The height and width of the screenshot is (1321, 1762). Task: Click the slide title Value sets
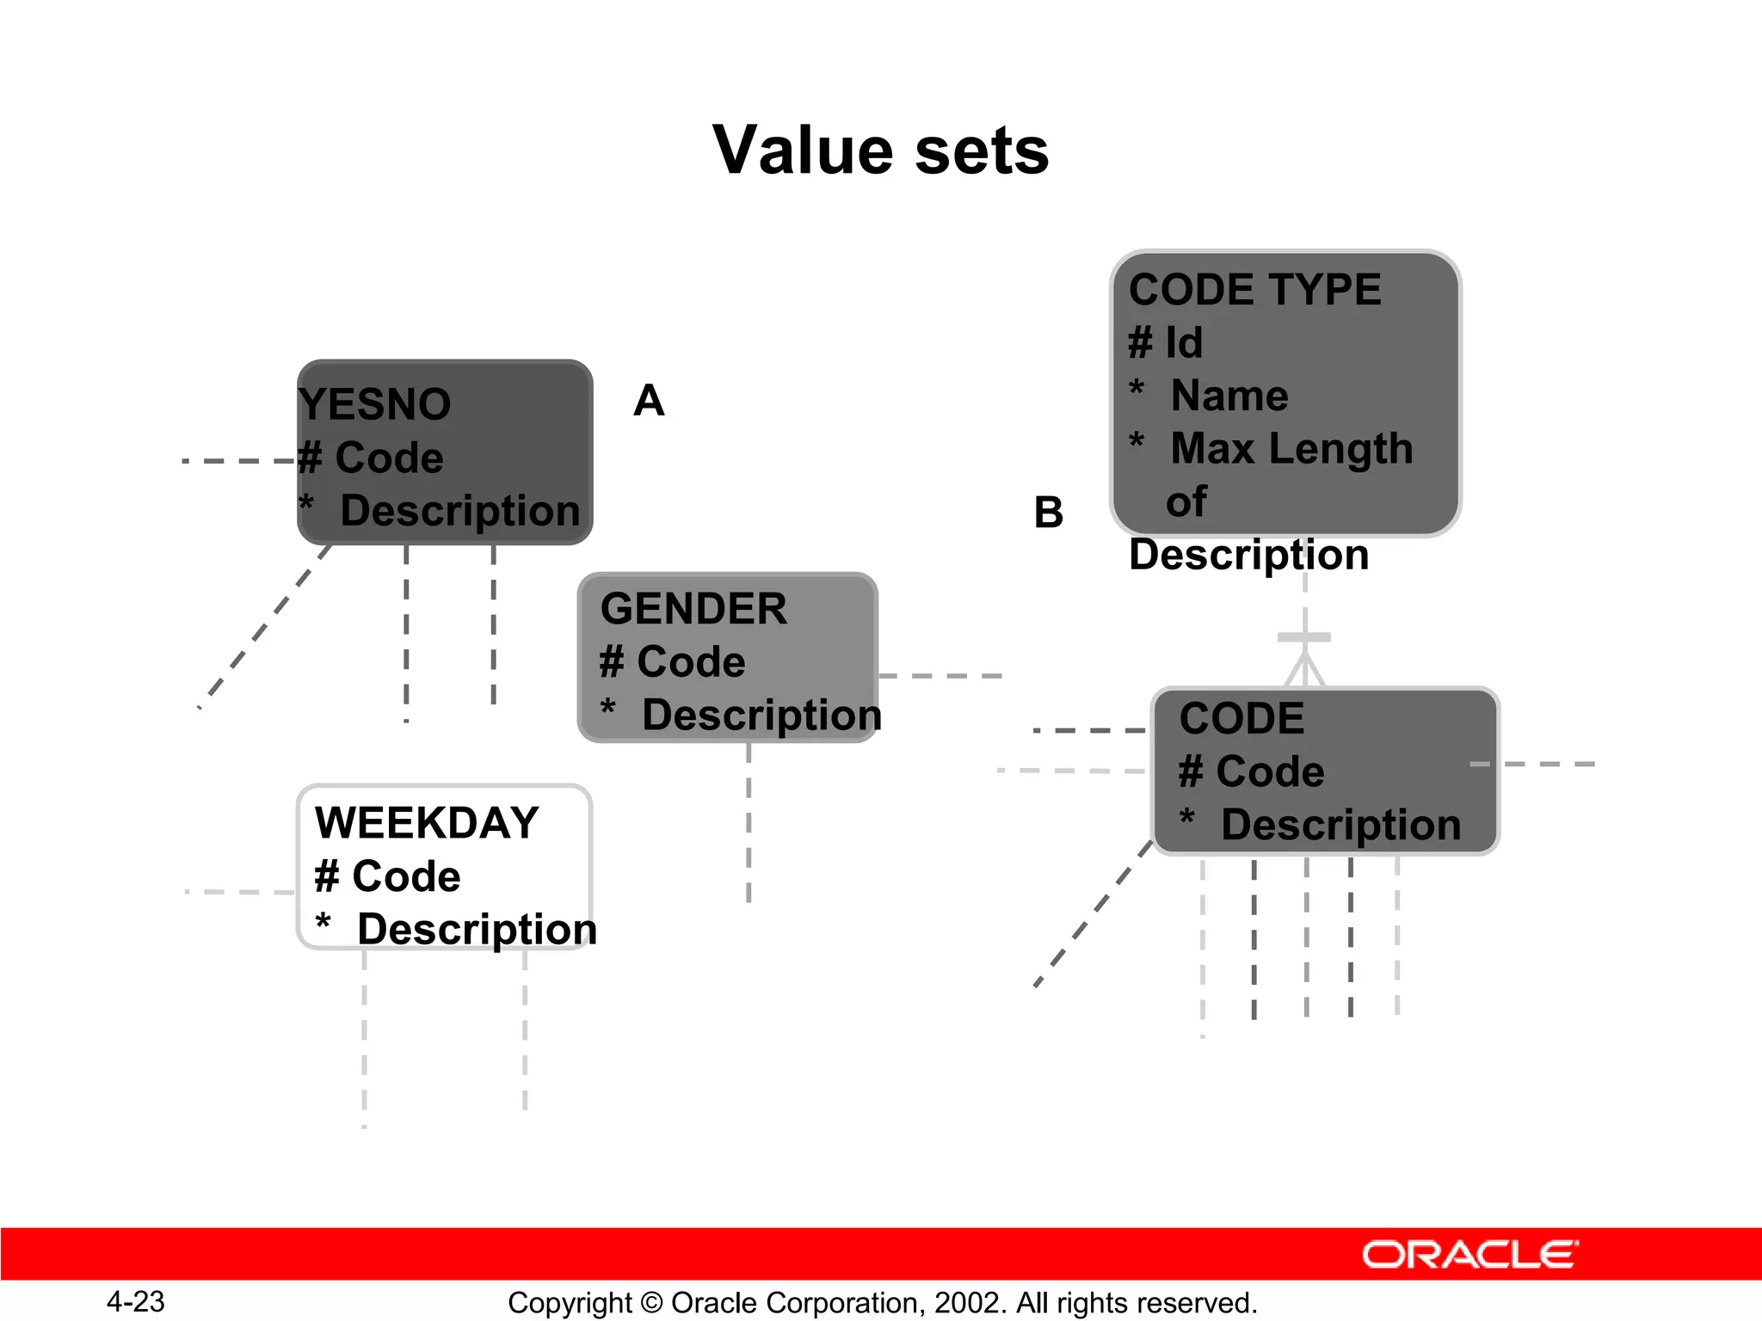pos(881,151)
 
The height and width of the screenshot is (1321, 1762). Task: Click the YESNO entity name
pos(375,404)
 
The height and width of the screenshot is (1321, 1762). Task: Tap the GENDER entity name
pos(693,609)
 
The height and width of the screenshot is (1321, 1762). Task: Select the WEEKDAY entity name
pos(427,823)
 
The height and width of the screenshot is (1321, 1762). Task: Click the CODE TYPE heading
pos(1254,290)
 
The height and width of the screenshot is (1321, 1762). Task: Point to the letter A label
pos(649,401)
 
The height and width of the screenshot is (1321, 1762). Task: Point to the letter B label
pos(1048,513)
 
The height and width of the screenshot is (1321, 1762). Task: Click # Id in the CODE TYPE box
pos(1166,343)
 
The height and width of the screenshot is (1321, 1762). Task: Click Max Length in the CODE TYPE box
pos(1291,449)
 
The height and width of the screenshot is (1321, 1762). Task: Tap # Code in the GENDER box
pos(673,662)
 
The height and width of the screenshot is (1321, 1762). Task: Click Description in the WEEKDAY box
pos(477,930)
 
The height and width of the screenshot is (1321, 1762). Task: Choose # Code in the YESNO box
pos(372,458)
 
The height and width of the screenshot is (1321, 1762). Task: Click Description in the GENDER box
pos(761,716)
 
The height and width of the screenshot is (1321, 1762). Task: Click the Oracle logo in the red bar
pos(1469,1255)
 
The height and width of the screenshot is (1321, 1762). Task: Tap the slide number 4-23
pos(135,1302)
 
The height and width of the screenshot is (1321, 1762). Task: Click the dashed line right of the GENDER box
pos(940,676)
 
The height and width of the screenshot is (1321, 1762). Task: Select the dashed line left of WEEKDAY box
pos(239,892)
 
